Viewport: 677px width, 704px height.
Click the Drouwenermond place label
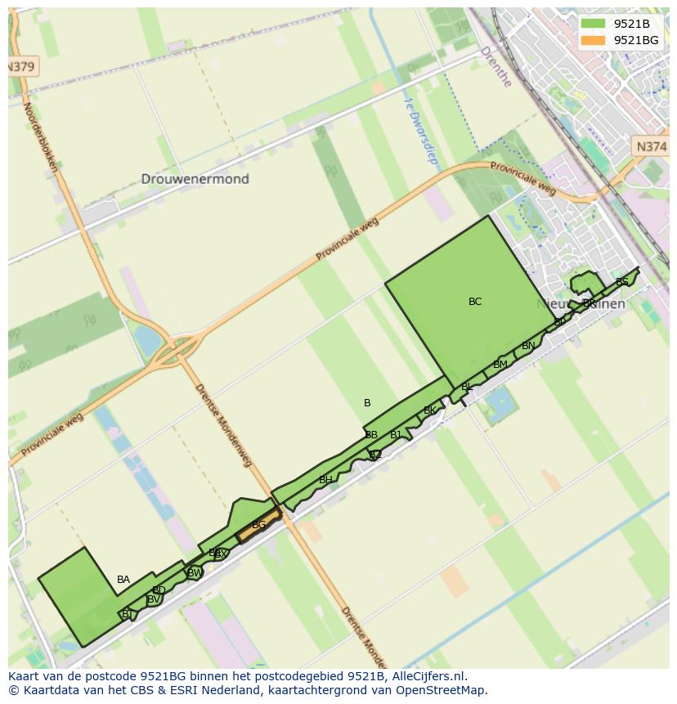195,179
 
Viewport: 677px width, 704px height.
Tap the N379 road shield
21,67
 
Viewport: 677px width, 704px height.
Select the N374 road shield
651,146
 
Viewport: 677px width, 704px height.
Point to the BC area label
475,302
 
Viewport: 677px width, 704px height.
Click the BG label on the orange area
258,525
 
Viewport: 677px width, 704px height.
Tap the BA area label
123,580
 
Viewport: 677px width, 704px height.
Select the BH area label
325,480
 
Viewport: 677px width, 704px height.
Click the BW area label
195,573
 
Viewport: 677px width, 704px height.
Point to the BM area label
500,365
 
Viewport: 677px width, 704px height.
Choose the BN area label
528,346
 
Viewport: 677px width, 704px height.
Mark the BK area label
429,410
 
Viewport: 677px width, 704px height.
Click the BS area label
622,282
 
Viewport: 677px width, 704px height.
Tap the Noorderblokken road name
41,137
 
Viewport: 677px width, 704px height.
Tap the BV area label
153,599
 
